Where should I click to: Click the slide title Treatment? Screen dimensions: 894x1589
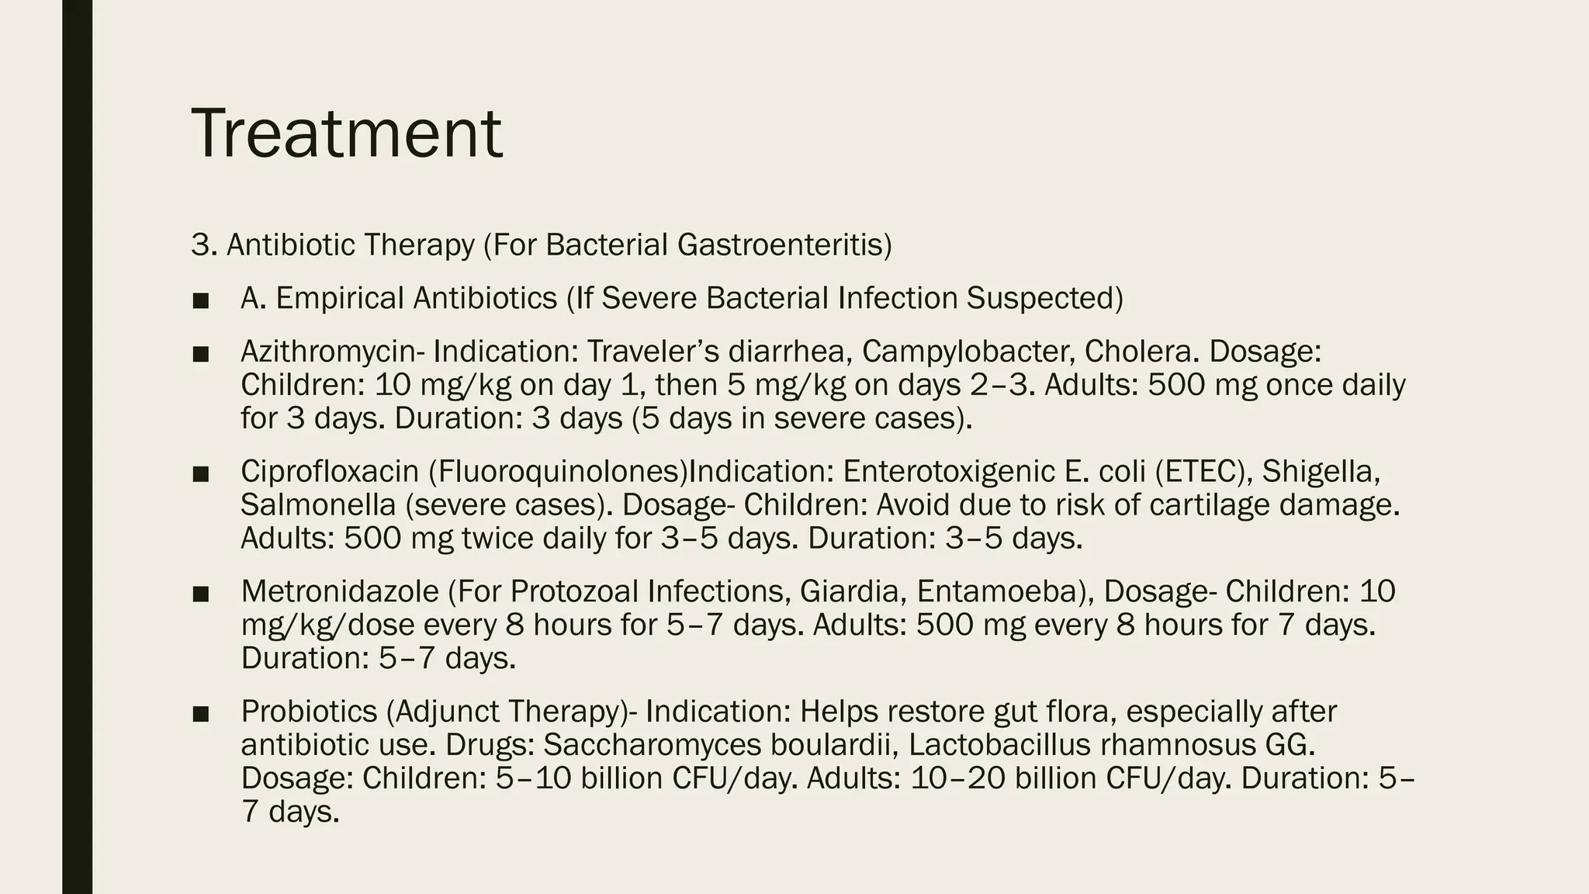click(346, 133)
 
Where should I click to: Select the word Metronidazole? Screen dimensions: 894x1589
click(340, 591)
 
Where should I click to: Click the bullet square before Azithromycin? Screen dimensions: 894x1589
click(200, 354)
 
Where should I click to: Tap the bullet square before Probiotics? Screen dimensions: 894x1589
click(200, 713)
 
